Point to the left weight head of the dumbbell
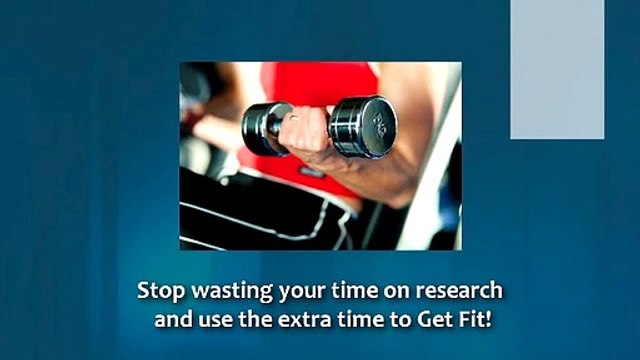(262, 127)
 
